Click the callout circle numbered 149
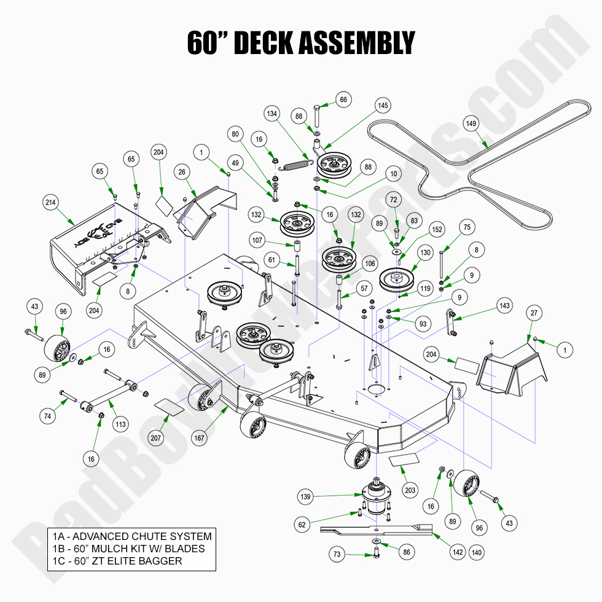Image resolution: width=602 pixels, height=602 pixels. point(471,123)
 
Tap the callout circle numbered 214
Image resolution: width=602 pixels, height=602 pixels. point(50,201)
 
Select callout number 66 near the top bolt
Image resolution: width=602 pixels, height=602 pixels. point(343,100)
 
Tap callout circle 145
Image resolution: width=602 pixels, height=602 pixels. point(383,106)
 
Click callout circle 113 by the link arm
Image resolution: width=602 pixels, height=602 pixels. point(120,423)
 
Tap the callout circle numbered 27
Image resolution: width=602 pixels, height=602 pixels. point(534,313)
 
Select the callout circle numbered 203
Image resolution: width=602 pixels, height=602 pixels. point(410,490)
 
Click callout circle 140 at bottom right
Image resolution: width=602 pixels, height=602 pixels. point(476,552)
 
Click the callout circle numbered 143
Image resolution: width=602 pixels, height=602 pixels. point(504,305)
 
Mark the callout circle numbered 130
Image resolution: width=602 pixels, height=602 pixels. point(425,252)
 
